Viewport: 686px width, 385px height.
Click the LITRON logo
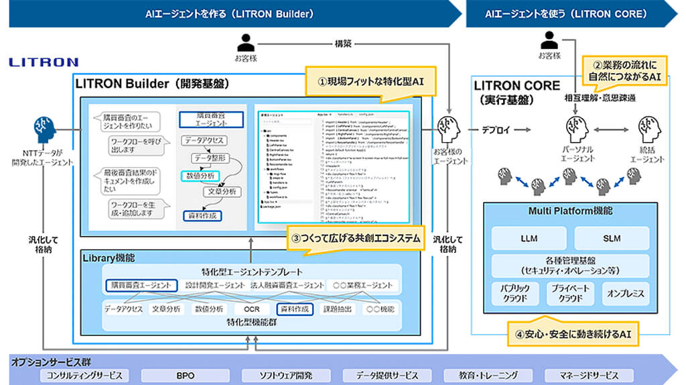44,62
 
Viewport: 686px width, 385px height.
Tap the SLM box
611,237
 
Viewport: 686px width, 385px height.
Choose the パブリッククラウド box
515,293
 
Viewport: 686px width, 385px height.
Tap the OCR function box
251,309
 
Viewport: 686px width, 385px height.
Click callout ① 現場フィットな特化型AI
370,80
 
